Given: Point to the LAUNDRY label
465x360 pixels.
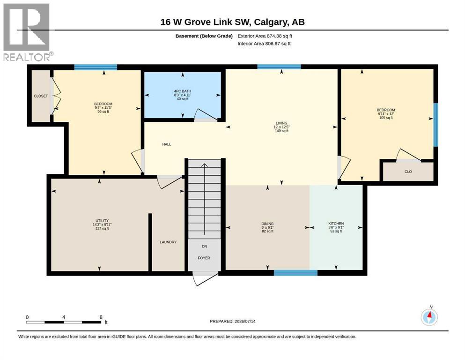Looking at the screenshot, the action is [x=168, y=242].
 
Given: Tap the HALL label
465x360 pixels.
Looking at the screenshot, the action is [x=167, y=144].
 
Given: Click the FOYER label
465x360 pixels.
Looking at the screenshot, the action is [x=204, y=258].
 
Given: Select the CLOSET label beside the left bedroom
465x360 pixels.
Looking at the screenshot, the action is [x=41, y=96].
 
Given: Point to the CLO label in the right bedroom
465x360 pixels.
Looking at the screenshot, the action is [x=408, y=172].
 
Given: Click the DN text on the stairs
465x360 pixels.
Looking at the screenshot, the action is [x=204, y=247].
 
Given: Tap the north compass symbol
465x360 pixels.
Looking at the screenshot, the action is [x=429, y=317].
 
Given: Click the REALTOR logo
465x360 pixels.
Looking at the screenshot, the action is [x=27, y=32].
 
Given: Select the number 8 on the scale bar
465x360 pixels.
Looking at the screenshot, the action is [x=101, y=317].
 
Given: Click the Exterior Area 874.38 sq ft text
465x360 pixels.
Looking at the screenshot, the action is [x=265, y=36].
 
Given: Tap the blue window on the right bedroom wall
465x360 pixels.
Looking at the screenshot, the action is [x=435, y=125].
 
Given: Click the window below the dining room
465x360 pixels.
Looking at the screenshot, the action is [x=295, y=273].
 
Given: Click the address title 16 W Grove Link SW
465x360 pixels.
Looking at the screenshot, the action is [x=206, y=22].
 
